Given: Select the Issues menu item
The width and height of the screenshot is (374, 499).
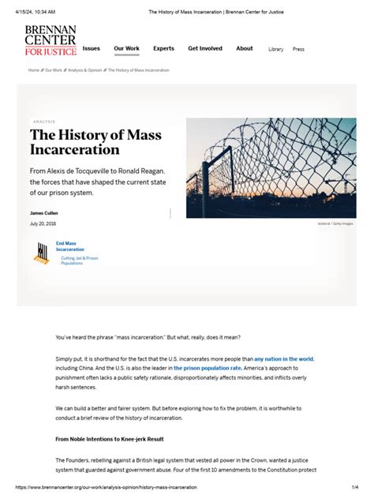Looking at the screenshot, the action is point(92,48).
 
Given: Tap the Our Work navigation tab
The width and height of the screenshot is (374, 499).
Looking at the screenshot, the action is point(126,48).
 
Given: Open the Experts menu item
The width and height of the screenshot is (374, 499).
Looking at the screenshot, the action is point(163,48).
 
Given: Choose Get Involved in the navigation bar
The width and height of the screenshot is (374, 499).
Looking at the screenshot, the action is point(205,48).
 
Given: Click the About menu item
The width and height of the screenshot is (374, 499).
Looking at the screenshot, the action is point(245,48).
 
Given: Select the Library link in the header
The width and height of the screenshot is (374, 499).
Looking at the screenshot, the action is point(275,49).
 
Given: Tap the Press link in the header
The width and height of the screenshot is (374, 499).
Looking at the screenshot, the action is point(298,49).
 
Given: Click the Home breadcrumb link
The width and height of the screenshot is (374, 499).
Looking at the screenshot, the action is point(34,70).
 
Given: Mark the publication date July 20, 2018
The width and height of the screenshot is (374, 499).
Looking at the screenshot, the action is point(44,224).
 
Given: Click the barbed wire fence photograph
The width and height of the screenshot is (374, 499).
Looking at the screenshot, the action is point(271,168).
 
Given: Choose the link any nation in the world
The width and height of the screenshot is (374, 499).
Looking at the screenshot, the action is point(283,358).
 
